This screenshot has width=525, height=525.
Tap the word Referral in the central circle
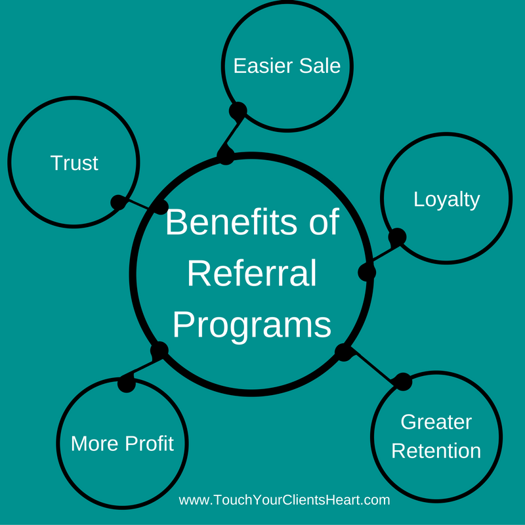coord(252,273)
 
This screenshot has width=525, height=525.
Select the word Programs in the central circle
coord(252,324)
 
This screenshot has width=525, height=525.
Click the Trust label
coord(74,163)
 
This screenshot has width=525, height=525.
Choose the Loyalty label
coord(446,199)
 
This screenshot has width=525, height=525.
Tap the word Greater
coord(436,422)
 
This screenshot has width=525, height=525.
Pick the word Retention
coord(436,451)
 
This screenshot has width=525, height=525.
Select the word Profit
coord(149,444)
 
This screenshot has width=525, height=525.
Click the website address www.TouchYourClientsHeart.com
coord(284,500)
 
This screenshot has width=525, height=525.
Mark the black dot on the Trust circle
coord(119,202)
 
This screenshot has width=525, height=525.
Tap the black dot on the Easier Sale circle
coord(238,110)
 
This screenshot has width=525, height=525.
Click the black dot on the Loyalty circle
coord(396,237)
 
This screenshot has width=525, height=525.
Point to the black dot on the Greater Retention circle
coord(403,381)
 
